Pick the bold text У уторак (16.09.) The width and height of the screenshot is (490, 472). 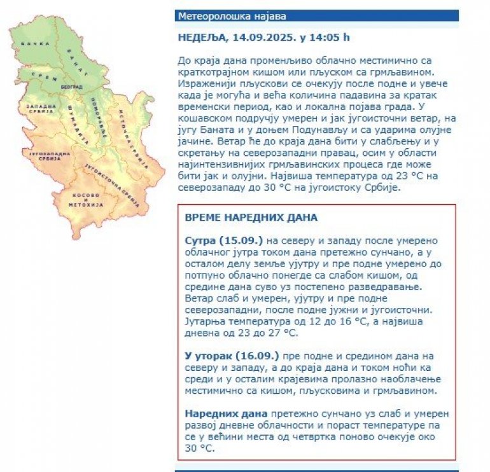pyautogui.click(x=232, y=355)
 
